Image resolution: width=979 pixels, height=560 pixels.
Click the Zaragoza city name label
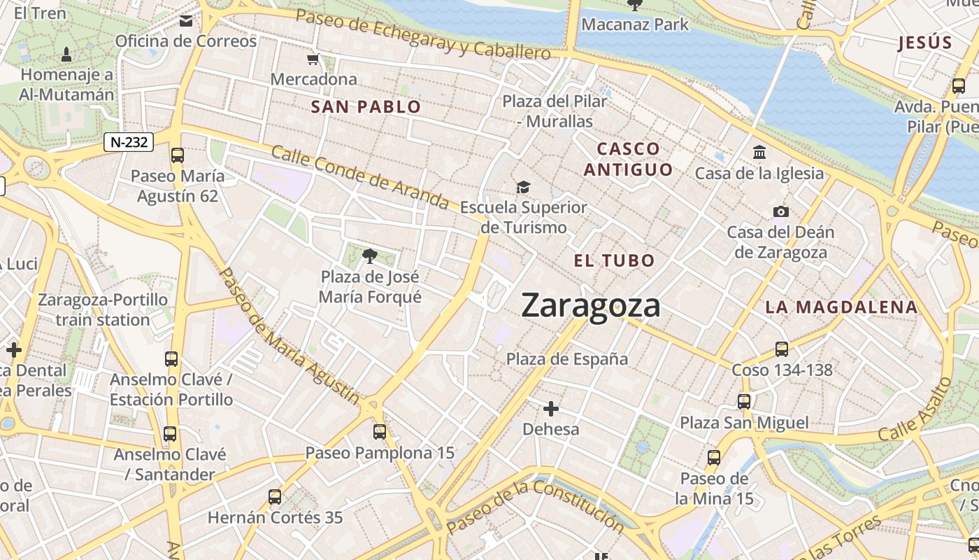[591, 306]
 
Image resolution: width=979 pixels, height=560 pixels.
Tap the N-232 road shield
[129, 142]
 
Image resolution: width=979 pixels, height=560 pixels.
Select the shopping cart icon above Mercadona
[313, 59]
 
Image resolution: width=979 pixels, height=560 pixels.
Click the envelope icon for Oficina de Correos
[186, 21]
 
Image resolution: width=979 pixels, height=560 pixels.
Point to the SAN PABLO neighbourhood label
[366, 107]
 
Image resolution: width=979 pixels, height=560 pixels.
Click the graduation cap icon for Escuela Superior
[523, 187]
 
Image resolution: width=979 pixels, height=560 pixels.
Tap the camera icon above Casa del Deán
[780, 211]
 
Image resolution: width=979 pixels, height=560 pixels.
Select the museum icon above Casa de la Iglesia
[759, 152]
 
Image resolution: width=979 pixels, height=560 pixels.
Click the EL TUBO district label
[614, 261]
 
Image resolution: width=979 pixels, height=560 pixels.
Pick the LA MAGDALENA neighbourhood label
[841, 307]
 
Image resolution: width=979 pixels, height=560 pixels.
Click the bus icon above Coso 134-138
[782, 349]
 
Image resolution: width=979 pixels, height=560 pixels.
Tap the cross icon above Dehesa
[551, 408]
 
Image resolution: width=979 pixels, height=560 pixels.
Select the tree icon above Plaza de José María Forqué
[370, 256]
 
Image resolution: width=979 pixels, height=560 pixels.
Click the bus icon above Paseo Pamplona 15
[380, 432]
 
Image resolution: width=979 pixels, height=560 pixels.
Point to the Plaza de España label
[567, 359]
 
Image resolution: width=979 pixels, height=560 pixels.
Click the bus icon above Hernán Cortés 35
[275, 497]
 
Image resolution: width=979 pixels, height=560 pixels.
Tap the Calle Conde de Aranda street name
[359, 177]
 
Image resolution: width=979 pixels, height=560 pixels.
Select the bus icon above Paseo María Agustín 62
[178, 155]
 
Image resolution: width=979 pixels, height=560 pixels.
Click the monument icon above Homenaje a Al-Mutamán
[66, 54]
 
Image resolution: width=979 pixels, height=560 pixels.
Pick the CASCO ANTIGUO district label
[628, 159]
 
